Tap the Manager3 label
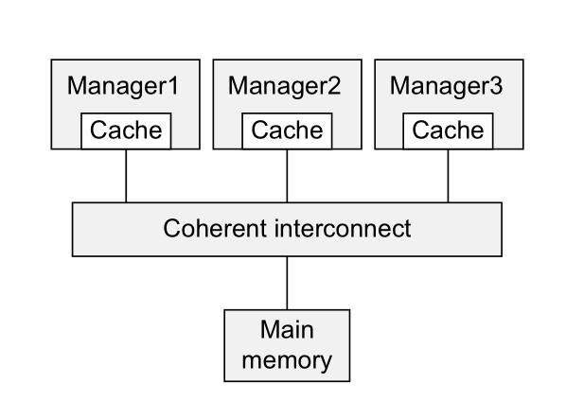(x=448, y=86)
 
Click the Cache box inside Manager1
(x=126, y=130)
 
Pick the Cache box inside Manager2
(x=287, y=130)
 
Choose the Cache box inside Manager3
(x=448, y=130)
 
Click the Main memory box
(x=287, y=345)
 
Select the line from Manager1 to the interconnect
(x=126, y=175)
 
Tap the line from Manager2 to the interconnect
(x=287, y=175)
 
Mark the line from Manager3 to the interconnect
(x=448, y=175)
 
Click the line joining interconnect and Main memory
(x=287, y=282)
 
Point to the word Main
(x=287, y=332)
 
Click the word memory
(x=287, y=359)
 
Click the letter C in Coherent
(x=171, y=229)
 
